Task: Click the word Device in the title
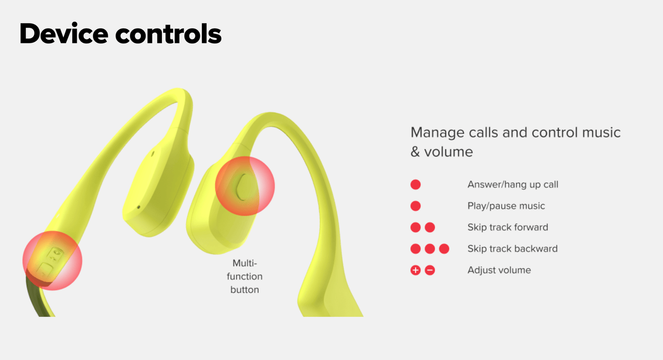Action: tap(64, 34)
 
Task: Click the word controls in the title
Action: tap(168, 34)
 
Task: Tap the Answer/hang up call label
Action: tap(513, 185)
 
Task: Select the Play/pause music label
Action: tap(506, 206)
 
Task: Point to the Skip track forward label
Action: tap(508, 227)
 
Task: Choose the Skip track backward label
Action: tap(513, 249)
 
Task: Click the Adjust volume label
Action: tap(499, 270)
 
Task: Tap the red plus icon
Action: tap(415, 270)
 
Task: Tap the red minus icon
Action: tap(430, 270)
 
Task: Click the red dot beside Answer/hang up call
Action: tap(415, 184)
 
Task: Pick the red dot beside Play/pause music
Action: tap(415, 206)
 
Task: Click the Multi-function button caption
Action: tap(245, 276)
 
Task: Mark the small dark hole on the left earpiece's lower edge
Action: tap(138, 207)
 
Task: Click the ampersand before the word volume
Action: tap(415, 152)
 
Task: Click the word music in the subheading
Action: tap(601, 132)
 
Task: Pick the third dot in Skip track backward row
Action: tap(444, 249)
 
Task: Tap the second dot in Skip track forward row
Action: tap(430, 227)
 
